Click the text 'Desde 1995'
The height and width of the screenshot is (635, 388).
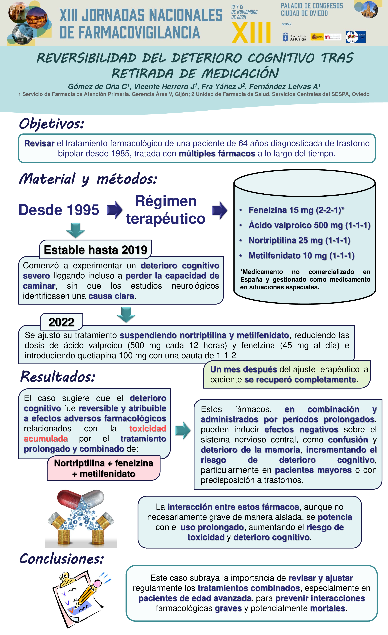59,210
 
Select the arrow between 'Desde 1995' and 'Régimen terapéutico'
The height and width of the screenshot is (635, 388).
115,210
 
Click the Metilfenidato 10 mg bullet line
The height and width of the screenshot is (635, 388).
301,256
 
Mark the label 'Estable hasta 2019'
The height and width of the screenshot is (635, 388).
96,250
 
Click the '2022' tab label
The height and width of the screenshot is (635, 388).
62,322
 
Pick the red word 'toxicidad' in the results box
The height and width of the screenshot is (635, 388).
148,429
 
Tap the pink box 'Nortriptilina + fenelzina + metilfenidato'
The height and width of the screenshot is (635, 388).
103,468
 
